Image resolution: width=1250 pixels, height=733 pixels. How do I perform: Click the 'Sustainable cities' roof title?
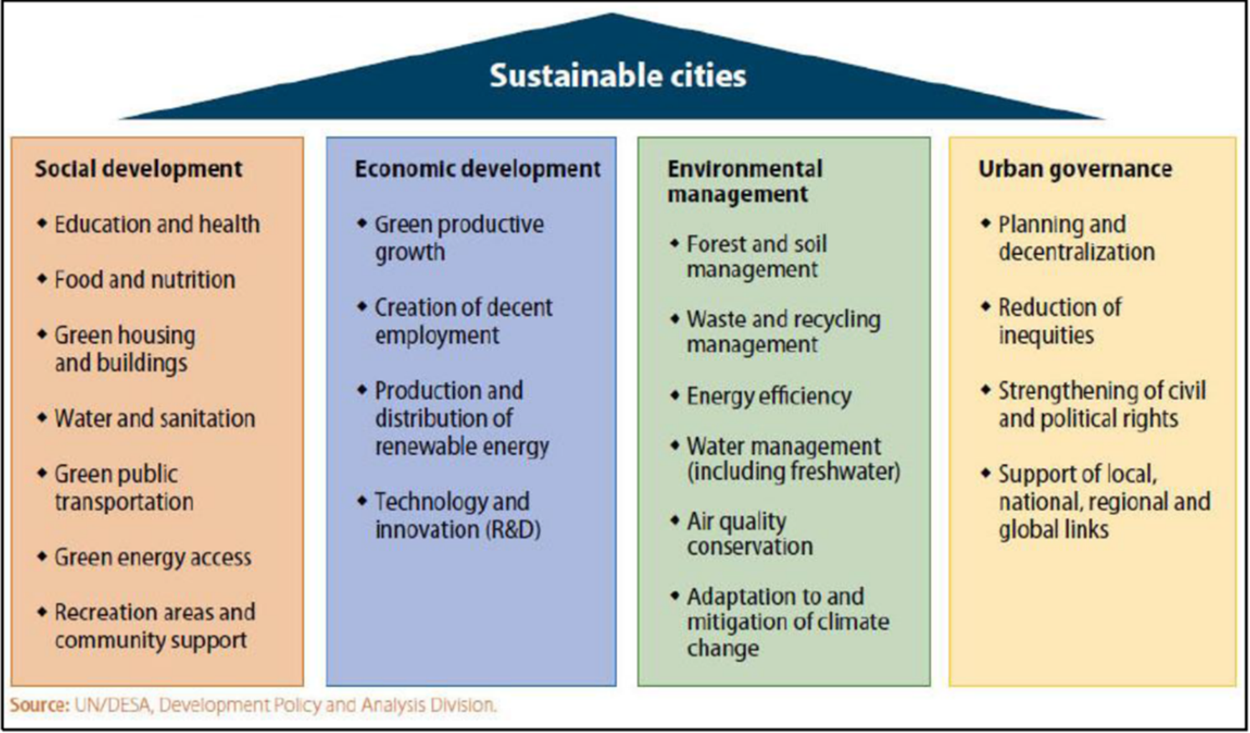[x=618, y=75]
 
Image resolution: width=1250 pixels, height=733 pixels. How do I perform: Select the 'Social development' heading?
[x=138, y=169]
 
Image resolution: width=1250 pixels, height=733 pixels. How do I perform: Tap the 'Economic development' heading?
[x=478, y=169]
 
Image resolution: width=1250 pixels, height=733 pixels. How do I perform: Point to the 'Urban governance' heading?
[x=1076, y=169]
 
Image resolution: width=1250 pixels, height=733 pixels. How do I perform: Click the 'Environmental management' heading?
[x=745, y=182]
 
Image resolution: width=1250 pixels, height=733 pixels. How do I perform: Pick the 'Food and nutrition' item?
[x=144, y=280]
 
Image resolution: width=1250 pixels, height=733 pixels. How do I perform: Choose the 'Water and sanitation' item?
[x=154, y=419]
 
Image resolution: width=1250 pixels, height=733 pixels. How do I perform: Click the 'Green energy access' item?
[x=153, y=557]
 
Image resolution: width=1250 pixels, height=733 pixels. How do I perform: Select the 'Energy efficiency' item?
[x=769, y=396]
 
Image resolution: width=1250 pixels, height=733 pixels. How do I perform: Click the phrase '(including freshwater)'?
[x=794, y=472]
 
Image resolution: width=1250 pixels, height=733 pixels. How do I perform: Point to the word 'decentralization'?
[x=1076, y=252]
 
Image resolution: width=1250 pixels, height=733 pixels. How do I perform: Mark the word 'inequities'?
[x=1046, y=336]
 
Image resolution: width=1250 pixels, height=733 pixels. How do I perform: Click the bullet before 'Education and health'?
[x=42, y=223]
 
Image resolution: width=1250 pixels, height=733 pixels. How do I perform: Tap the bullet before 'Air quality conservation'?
[x=675, y=520]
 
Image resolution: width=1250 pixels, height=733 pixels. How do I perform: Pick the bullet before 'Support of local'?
[x=986, y=472]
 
